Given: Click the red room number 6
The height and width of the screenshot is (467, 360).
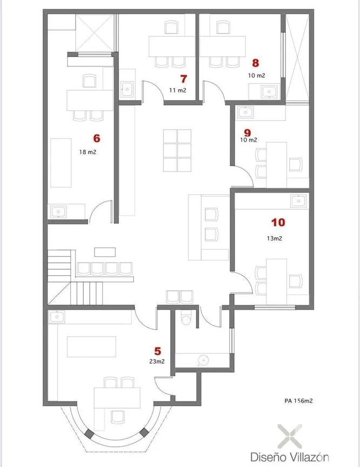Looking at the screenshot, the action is click(x=96, y=138).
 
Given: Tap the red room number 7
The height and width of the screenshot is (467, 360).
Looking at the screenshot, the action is click(x=184, y=79).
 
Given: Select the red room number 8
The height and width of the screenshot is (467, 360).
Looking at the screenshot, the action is click(x=256, y=63).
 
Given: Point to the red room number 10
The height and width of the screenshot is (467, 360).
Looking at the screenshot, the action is click(x=278, y=222).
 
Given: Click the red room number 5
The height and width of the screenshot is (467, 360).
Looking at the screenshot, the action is click(x=158, y=351).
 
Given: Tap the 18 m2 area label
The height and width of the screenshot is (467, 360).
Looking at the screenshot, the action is click(x=88, y=152).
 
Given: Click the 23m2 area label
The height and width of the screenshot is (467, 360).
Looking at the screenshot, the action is click(x=157, y=361).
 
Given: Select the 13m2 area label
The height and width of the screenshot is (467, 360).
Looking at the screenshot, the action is click(x=274, y=238).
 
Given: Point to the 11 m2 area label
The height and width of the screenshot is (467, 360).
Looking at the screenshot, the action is click(x=178, y=90).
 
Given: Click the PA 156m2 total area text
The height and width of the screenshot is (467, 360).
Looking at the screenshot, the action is click(x=298, y=401).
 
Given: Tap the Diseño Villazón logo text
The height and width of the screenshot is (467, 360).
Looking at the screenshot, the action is click(x=290, y=457).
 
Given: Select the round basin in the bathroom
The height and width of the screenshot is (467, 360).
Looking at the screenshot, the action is click(x=203, y=361).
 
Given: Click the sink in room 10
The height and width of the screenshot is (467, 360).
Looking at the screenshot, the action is click(x=298, y=201).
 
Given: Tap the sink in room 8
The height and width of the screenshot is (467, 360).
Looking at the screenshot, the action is click(x=269, y=91).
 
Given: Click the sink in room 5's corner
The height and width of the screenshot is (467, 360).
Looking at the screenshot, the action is click(x=57, y=317).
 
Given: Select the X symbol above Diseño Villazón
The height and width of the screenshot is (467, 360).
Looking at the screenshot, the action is click(x=290, y=437).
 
